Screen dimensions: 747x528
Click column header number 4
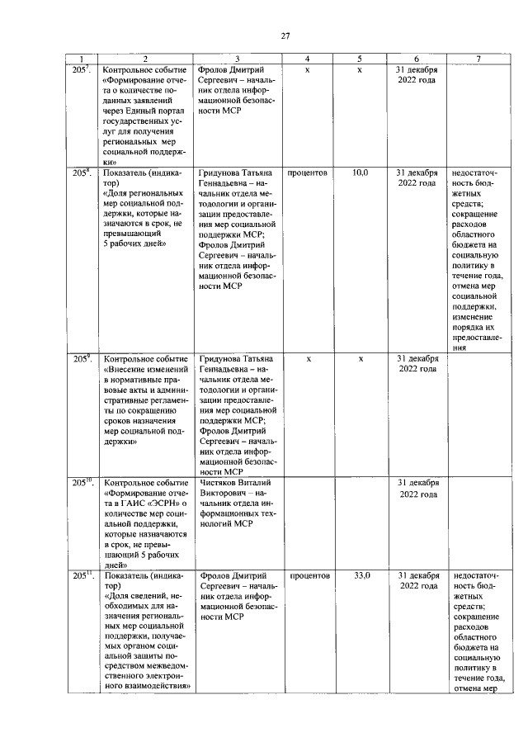point(307,59)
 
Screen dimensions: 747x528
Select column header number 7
point(478,59)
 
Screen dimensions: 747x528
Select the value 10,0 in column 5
point(361,173)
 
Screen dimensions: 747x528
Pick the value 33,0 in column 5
point(361,574)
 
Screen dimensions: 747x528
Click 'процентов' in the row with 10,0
point(308,173)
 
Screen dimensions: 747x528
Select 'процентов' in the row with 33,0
point(308,574)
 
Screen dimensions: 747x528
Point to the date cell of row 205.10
point(417,488)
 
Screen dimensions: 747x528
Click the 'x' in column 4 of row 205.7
point(308,69)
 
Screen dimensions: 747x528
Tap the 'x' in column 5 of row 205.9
point(361,359)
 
